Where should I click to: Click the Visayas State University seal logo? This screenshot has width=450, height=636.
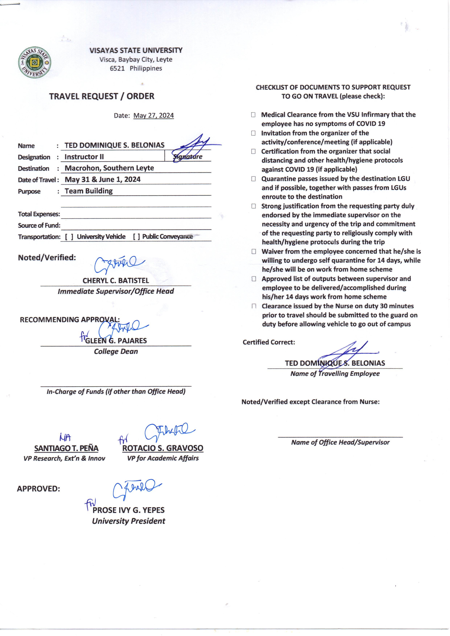click(34, 62)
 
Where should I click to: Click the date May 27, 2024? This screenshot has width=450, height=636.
click(153, 116)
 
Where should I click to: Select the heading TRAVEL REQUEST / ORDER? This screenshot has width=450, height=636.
click(102, 96)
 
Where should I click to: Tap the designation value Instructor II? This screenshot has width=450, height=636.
click(84, 157)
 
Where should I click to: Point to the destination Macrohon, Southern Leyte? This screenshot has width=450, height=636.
click(109, 168)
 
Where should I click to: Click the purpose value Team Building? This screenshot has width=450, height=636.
click(89, 191)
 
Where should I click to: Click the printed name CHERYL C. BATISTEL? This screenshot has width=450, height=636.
click(116, 280)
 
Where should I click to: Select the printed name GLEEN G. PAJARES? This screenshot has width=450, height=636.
click(116, 341)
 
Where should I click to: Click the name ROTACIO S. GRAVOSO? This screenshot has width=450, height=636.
click(163, 448)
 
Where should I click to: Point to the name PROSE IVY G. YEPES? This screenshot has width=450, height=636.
click(129, 510)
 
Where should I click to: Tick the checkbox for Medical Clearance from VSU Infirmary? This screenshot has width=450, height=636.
click(253, 115)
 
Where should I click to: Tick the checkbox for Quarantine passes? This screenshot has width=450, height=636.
click(253, 179)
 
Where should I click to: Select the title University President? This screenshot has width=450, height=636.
click(129, 521)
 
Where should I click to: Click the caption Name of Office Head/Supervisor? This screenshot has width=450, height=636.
click(340, 442)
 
